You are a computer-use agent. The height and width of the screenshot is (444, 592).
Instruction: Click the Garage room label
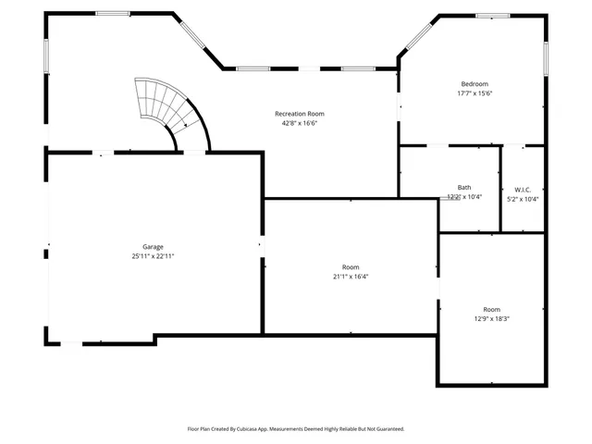pyautogui.click(x=153, y=247)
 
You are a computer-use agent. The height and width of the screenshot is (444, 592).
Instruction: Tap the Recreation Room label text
pyautogui.click(x=299, y=114)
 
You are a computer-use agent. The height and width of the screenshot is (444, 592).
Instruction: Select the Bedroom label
pyautogui.click(x=474, y=83)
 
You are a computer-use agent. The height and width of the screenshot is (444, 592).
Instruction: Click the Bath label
pyautogui.click(x=463, y=187)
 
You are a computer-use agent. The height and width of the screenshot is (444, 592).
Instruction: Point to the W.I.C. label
pyautogui.click(x=522, y=189)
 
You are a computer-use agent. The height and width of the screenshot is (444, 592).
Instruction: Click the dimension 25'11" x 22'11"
pyautogui.click(x=153, y=256)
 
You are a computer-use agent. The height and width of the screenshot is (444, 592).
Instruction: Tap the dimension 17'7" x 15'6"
pyautogui.click(x=474, y=92)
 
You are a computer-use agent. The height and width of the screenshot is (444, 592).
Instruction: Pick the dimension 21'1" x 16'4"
pyautogui.click(x=350, y=276)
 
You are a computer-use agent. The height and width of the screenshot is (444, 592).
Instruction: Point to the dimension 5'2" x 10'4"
pyautogui.click(x=522, y=199)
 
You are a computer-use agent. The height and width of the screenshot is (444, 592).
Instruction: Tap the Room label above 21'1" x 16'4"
pyautogui.click(x=350, y=266)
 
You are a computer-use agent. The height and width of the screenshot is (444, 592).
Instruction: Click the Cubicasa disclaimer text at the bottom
pyautogui.click(x=295, y=429)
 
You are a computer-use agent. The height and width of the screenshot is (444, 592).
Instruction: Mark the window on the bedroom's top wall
pyautogui.click(x=492, y=15)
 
